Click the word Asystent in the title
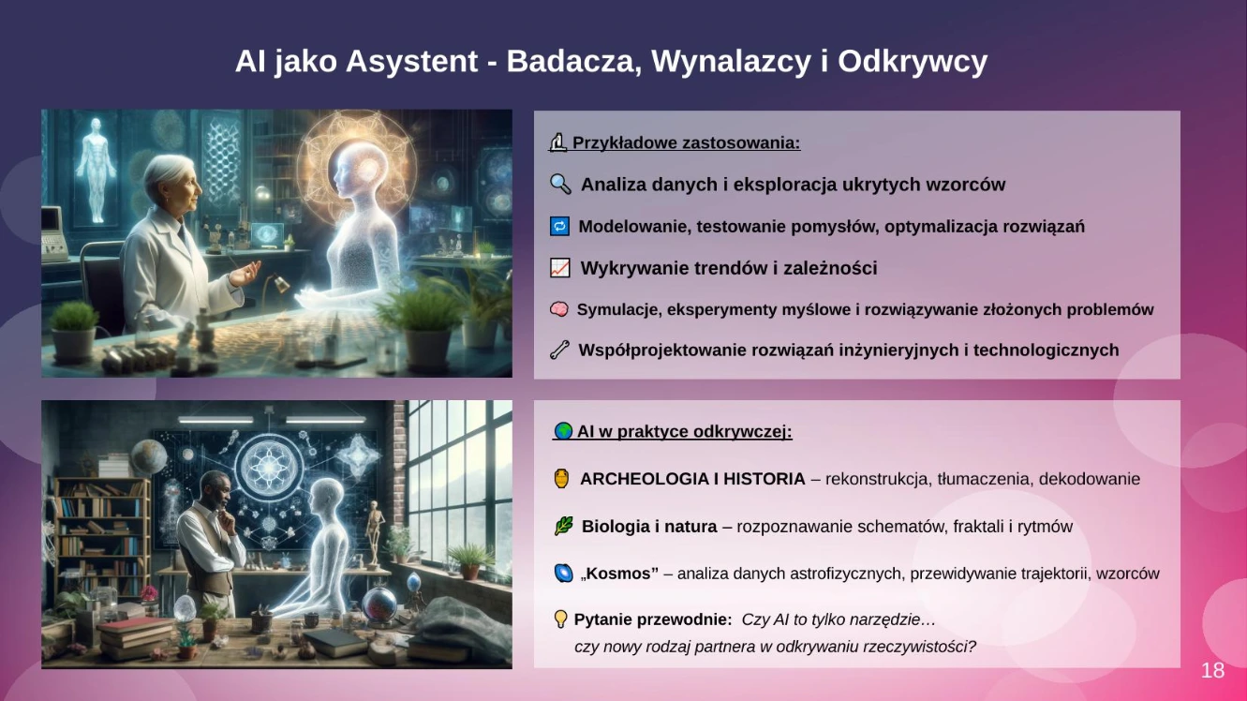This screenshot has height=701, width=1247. (411, 61)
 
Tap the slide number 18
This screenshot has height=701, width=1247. (1212, 670)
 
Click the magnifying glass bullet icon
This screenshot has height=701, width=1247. (560, 185)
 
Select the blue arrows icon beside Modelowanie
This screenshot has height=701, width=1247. (559, 227)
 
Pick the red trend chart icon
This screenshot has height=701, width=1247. (559, 268)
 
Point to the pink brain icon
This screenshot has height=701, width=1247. (559, 309)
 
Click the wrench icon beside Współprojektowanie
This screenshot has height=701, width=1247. (559, 350)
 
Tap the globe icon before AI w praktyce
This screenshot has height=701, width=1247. (563, 431)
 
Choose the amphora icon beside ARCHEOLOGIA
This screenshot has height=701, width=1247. (562, 479)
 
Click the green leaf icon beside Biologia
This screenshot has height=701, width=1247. (563, 526)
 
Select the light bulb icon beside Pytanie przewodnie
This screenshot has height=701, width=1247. (560, 619)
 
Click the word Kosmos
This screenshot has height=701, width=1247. (622, 574)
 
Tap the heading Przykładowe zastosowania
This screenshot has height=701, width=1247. (687, 143)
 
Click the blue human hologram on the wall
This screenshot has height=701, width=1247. (96, 169)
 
